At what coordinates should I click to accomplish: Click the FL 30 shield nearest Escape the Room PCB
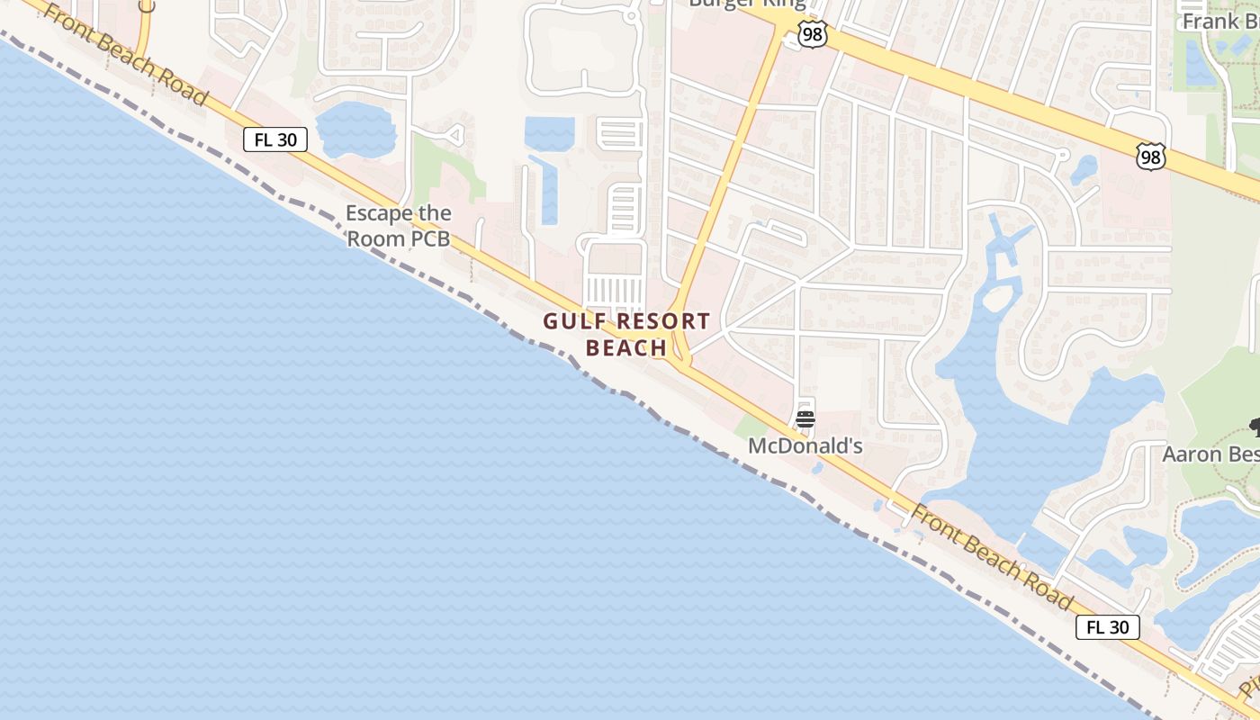pyautogui.click(x=275, y=139)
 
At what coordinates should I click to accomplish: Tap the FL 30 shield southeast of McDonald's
pyautogui.click(x=1107, y=627)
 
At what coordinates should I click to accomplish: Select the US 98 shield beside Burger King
pyautogui.click(x=812, y=36)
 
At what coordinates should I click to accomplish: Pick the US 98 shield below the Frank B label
pyautogui.click(x=1151, y=157)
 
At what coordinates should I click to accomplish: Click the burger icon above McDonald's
pyautogui.click(x=805, y=419)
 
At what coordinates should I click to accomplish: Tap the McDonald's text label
pyautogui.click(x=805, y=445)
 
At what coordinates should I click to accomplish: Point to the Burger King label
pyautogui.click(x=746, y=4)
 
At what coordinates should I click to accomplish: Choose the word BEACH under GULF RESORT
pyautogui.click(x=626, y=348)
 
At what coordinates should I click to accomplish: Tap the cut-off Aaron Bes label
pyautogui.click(x=1210, y=454)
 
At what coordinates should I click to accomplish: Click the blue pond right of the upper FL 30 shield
pyautogui.click(x=355, y=130)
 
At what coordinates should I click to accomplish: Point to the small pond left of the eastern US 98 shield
pyautogui.click(x=1084, y=167)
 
